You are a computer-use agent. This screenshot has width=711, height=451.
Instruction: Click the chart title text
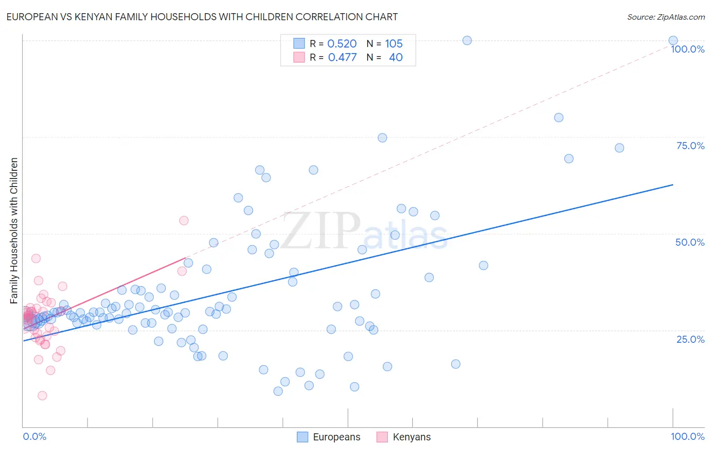202,17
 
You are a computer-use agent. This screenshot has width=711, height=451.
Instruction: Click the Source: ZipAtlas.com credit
665,17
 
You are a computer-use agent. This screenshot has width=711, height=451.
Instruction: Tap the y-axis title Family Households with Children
14,231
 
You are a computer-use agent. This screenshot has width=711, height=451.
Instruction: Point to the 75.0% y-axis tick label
690,146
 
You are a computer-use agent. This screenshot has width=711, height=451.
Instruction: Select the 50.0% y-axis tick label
690,242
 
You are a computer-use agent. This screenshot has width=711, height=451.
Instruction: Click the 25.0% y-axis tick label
690,339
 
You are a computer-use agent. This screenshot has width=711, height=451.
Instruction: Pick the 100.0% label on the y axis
687,49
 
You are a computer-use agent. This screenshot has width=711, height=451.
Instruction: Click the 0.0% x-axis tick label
34,436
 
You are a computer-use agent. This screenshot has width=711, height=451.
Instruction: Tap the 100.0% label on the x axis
687,436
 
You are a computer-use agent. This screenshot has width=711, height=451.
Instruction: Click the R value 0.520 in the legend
342,43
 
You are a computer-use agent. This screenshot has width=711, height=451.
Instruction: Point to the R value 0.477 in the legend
342,57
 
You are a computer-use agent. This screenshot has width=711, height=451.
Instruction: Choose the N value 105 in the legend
393,43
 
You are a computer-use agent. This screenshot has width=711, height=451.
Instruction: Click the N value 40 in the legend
395,57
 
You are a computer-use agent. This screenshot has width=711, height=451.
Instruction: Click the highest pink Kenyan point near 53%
184,220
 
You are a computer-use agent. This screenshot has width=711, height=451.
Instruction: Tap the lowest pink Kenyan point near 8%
42,395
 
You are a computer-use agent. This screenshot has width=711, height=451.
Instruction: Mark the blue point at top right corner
673,40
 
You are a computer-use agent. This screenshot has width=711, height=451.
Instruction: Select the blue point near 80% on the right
559,117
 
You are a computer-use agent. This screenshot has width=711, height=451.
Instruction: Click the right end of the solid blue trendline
673,185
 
